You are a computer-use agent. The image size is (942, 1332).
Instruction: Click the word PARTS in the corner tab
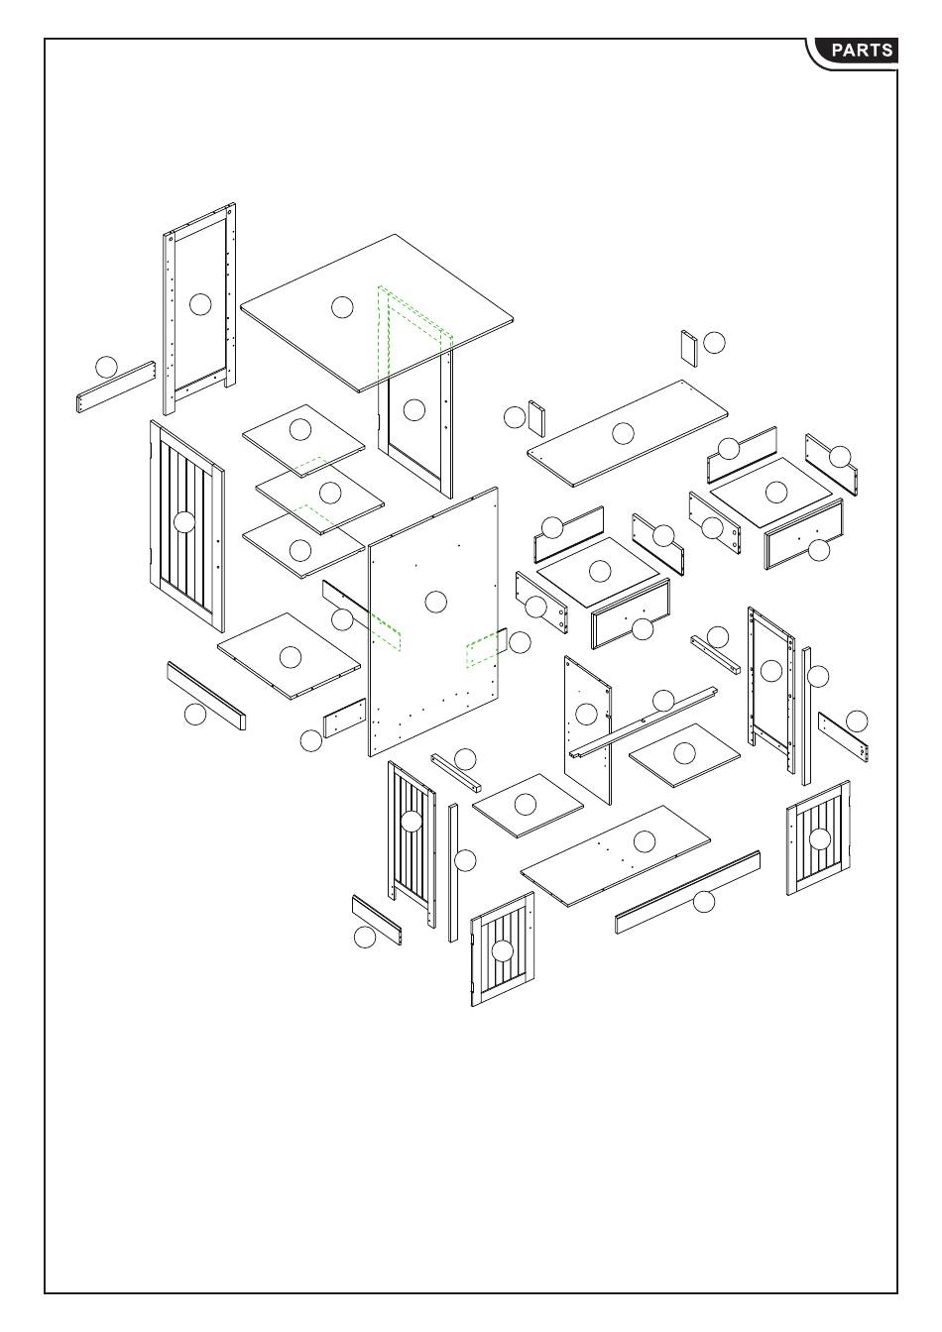pyautogui.click(x=862, y=51)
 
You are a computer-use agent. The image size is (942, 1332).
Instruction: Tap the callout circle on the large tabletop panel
pyautogui.click(x=342, y=306)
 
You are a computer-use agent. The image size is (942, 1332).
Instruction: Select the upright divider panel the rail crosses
pyautogui.click(x=587, y=733)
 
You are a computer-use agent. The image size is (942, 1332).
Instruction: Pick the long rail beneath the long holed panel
pyautogui.click(x=688, y=892)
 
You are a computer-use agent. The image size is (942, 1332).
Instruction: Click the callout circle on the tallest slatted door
pyautogui.click(x=184, y=521)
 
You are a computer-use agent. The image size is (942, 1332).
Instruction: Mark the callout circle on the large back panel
pyautogui.click(x=435, y=601)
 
